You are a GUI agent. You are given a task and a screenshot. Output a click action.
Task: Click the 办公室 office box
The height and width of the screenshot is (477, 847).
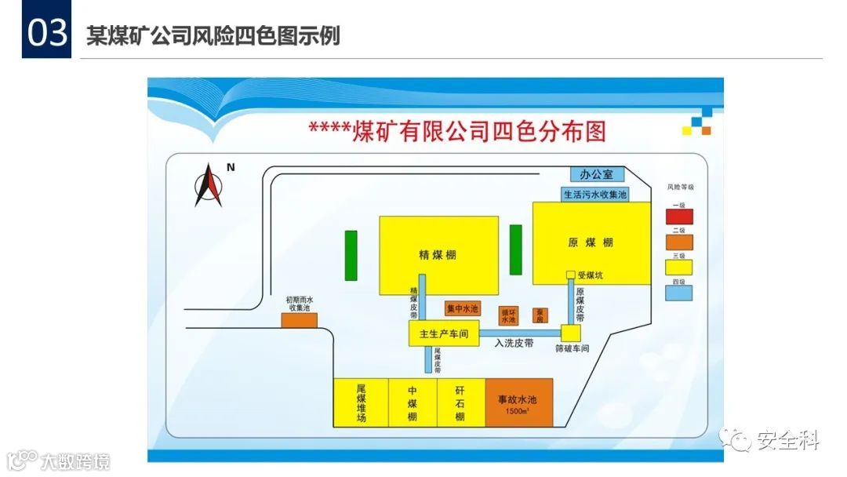click(596, 174)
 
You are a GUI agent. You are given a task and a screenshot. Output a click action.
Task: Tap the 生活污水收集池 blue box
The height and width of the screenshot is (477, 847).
click(595, 194)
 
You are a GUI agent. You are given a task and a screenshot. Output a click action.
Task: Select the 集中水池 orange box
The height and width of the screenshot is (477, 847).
click(462, 308)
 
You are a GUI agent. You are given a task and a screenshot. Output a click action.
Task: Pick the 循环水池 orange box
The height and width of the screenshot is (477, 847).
click(508, 315)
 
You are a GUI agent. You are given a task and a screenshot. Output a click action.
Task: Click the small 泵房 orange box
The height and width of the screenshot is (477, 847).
click(540, 315)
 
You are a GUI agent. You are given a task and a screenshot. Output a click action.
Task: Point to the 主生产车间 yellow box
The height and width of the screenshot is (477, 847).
click(443, 334)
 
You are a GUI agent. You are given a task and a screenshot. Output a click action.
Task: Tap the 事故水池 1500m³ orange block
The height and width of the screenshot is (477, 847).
click(518, 402)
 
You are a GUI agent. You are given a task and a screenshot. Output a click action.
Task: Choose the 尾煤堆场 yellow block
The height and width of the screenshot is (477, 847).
click(361, 402)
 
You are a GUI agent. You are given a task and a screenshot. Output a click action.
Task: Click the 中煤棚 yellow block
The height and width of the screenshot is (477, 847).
click(413, 402)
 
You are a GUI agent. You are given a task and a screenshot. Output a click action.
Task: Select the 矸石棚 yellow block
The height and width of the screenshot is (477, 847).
click(460, 402)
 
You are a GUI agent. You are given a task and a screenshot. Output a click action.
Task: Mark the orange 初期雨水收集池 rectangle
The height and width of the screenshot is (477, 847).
click(299, 319)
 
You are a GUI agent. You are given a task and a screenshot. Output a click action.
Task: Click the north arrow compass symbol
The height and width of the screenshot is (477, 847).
click(209, 185)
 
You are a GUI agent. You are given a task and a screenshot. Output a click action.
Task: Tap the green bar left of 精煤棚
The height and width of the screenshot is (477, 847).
click(351, 255)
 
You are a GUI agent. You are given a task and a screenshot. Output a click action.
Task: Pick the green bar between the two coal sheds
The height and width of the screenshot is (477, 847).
click(515, 249)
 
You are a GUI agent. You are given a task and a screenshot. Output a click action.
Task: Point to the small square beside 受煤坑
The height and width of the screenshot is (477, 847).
click(571, 275)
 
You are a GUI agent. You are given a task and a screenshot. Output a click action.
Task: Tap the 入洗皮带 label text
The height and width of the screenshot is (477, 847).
click(513, 343)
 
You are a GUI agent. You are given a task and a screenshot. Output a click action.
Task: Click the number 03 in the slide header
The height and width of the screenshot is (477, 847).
click(46, 34)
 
